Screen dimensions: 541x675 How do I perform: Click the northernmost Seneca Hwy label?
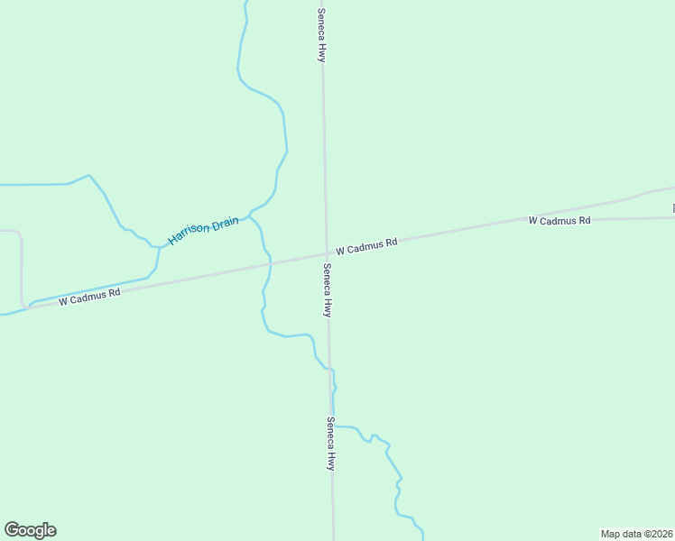pyautogui.click(x=320, y=34)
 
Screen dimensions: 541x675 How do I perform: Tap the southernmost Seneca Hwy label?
pyautogui.click(x=330, y=443)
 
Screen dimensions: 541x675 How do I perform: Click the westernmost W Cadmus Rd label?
pyautogui.click(x=89, y=297)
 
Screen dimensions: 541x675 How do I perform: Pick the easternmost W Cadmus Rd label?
pyautogui.click(x=559, y=220)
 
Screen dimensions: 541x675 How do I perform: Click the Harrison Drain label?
pyautogui.click(x=203, y=230)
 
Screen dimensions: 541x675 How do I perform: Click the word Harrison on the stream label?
pyautogui.click(x=188, y=235)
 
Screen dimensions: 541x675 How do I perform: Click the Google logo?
pyautogui.click(x=30, y=530)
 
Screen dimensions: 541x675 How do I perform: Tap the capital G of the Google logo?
pyautogui.click(x=12, y=530)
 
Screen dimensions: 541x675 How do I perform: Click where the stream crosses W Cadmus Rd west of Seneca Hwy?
pyautogui.click(x=270, y=263)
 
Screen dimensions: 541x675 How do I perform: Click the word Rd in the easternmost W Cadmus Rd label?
pyautogui.click(x=584, y=220)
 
